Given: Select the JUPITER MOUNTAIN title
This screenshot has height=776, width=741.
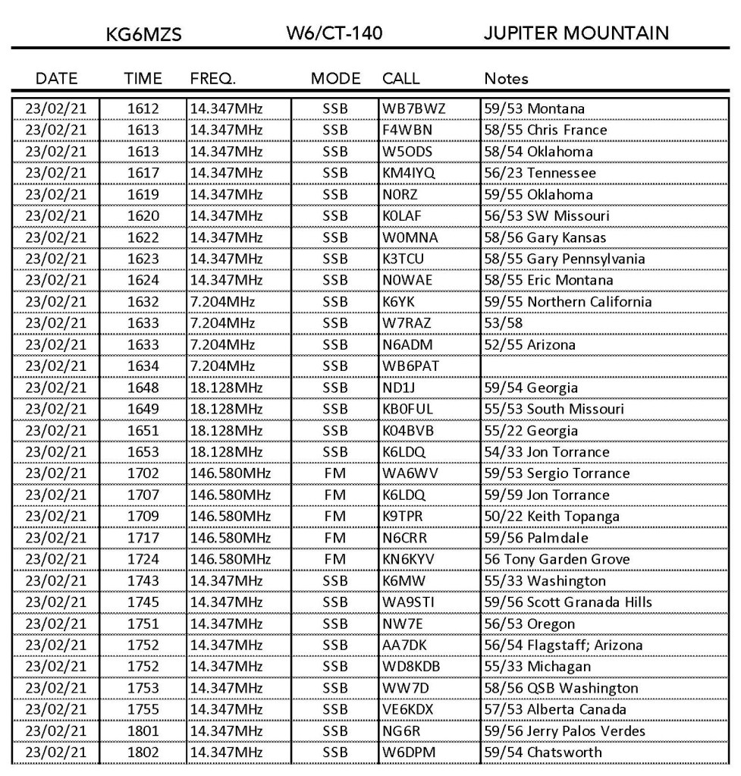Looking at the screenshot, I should tap(576, 33).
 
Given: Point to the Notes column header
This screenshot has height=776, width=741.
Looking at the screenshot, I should tap(506, 78).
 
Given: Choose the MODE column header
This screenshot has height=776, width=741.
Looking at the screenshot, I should tap(334, 78).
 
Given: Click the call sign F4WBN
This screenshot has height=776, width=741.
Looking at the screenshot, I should tap(407, 130).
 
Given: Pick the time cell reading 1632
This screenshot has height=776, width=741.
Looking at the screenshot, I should tap(143, 302).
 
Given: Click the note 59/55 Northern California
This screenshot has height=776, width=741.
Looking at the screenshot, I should tap(567, 302).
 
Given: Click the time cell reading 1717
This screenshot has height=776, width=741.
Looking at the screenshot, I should tap(143, 538).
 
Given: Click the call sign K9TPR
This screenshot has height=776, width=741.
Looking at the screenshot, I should tap(404, 517).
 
